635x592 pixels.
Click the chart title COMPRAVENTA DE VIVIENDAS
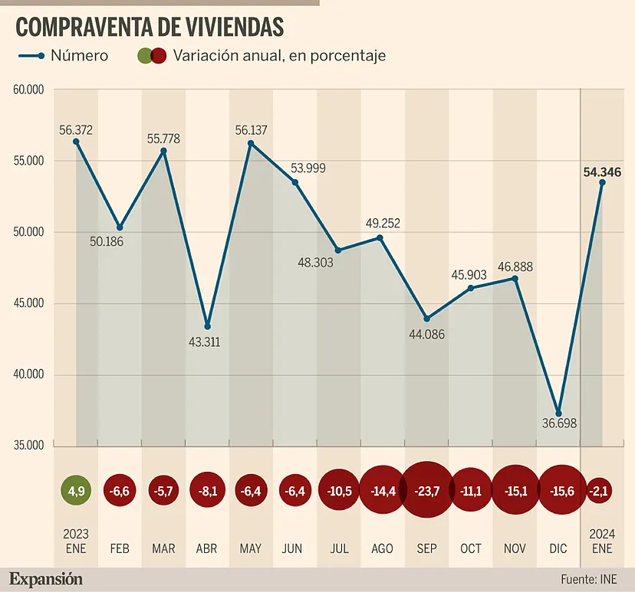(x=150, y=27)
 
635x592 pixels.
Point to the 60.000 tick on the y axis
(x=28, y=90)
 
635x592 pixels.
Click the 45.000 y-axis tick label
(x=28, y=303)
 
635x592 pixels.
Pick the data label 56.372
(x=76, y=130)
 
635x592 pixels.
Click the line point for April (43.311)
(x=207, y=326)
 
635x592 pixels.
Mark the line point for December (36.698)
(x=558, y=414)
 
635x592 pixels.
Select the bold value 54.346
(x=603, y=172)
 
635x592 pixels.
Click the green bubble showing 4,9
(x=76, y=491)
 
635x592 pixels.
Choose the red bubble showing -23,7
(x=426, y=491)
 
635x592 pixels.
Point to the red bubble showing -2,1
(x=602, y=491)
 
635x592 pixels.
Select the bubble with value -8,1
(x=207, y=491)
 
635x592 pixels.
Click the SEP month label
(x=426, y=548)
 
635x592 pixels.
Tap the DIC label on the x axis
(x=558, y=548)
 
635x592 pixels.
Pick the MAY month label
(x=251, y=548)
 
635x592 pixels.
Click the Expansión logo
(x=46, y=579)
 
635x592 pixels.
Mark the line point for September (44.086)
(x=427, y=319)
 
